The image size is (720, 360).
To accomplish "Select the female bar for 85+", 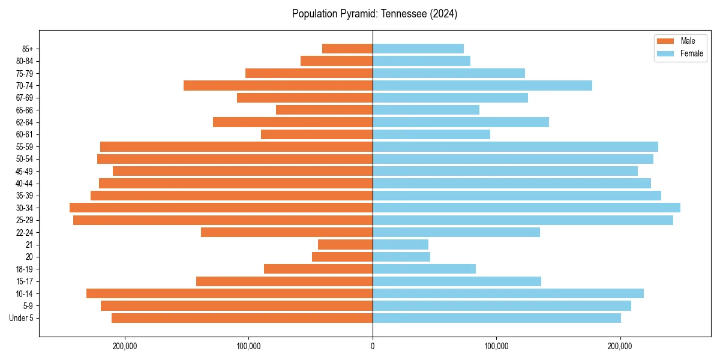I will pyautogui.click(x=418, y=49).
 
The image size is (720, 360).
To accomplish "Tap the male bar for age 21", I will pyautogui.click(x=345, y=244).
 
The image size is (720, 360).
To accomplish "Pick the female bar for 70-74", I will pyautogui.click(x=482, y=85).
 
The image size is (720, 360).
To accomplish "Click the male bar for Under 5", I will pyautogui.click(x=242, y=318).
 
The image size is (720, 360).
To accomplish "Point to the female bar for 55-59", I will pyautogui.click(x=515, y=146).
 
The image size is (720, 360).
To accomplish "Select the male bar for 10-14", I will pyautogui.click(x=229, y=293).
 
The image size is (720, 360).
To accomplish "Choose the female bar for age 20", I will pyautogui.click(x=401, y=257).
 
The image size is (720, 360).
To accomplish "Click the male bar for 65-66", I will pyautogui.click(x=324, y=110).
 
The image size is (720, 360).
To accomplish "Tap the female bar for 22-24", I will pyautogui.click(x=456, y=232).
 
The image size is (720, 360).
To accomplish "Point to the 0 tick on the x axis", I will pyautogui.click(x=373, y=346).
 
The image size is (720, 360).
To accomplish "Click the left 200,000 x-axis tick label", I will pyautogui.click(x=125, y=346).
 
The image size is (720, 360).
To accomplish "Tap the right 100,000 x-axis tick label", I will pyautogui.click(x=496, y=346).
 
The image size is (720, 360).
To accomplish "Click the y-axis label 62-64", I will pyautogui.click(x=25, y=122).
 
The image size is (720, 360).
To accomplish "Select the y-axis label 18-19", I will pyautogui.click(x=25, y=269).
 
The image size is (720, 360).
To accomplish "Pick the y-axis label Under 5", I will pyautogui.click(x=21, y=318).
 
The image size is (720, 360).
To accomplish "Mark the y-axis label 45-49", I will pyautogui.click(x=25, y=171).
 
